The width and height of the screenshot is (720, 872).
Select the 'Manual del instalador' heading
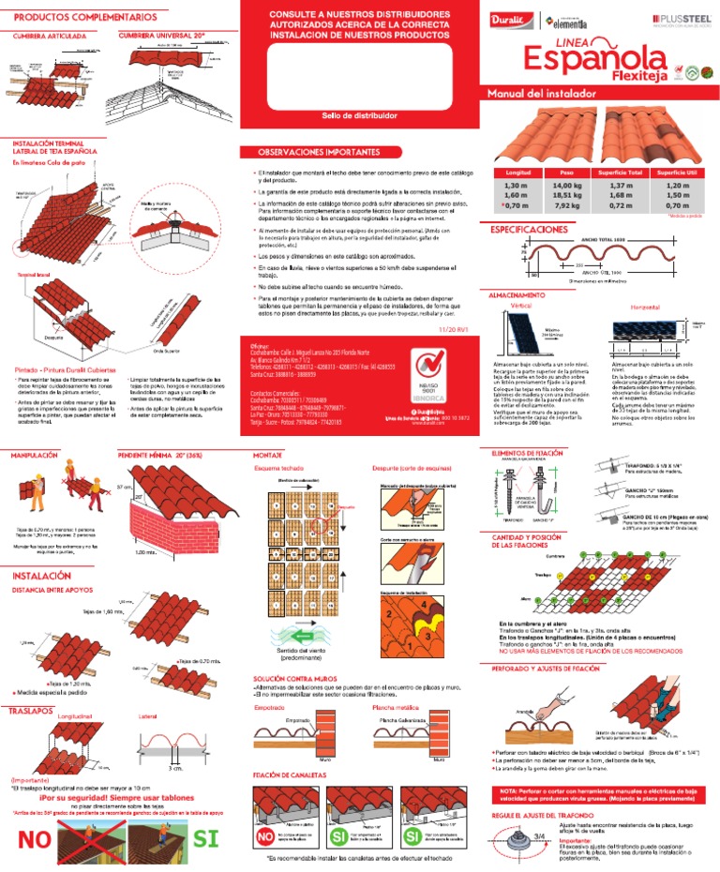pos(533,94)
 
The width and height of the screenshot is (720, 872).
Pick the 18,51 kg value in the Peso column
pos(566,194)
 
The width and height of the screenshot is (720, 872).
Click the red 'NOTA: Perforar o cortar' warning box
pos(597,795)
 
